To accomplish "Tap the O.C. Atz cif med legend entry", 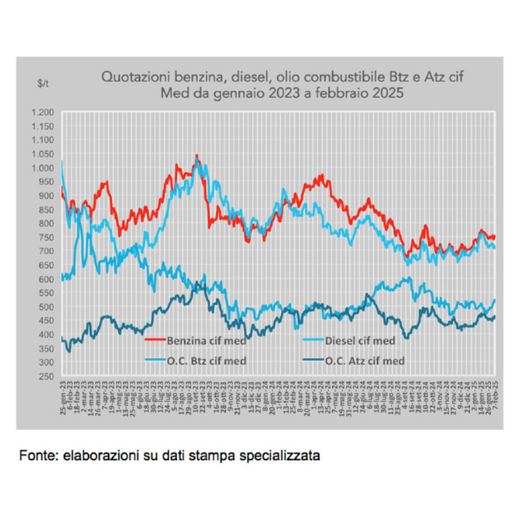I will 365,360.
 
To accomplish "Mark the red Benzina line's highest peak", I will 196,156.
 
